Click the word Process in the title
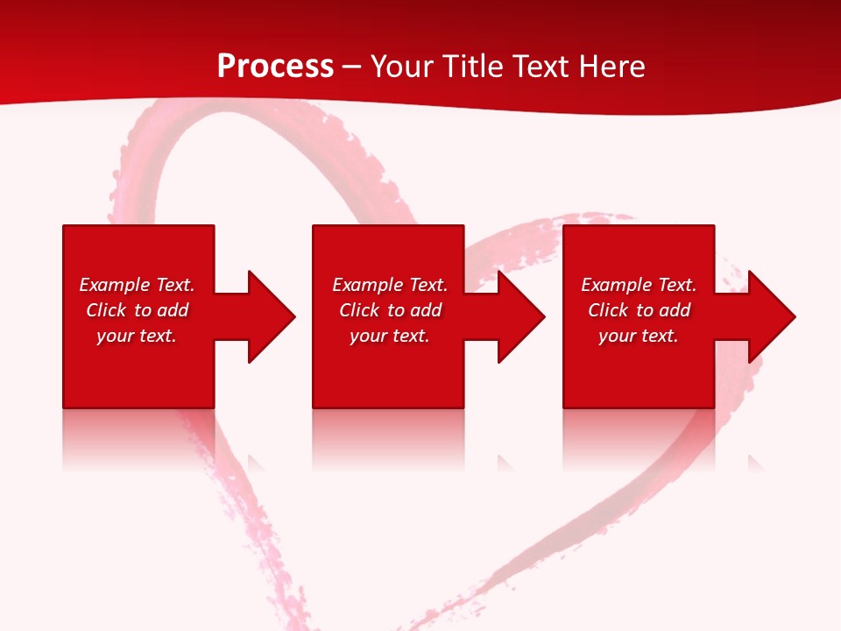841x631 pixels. (x=275, y=67)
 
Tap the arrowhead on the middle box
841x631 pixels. (x=519, y=316)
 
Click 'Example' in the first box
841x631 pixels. (x=115, y=285)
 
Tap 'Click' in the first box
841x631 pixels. (x=106, y=310)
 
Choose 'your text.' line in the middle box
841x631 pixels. (x=389, y=336)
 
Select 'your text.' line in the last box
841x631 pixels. (x=638, y=336)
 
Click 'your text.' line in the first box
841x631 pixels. (x=137, y=336)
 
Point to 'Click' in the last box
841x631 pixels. (x=608, y=310)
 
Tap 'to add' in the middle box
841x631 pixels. (x=414, y=310)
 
